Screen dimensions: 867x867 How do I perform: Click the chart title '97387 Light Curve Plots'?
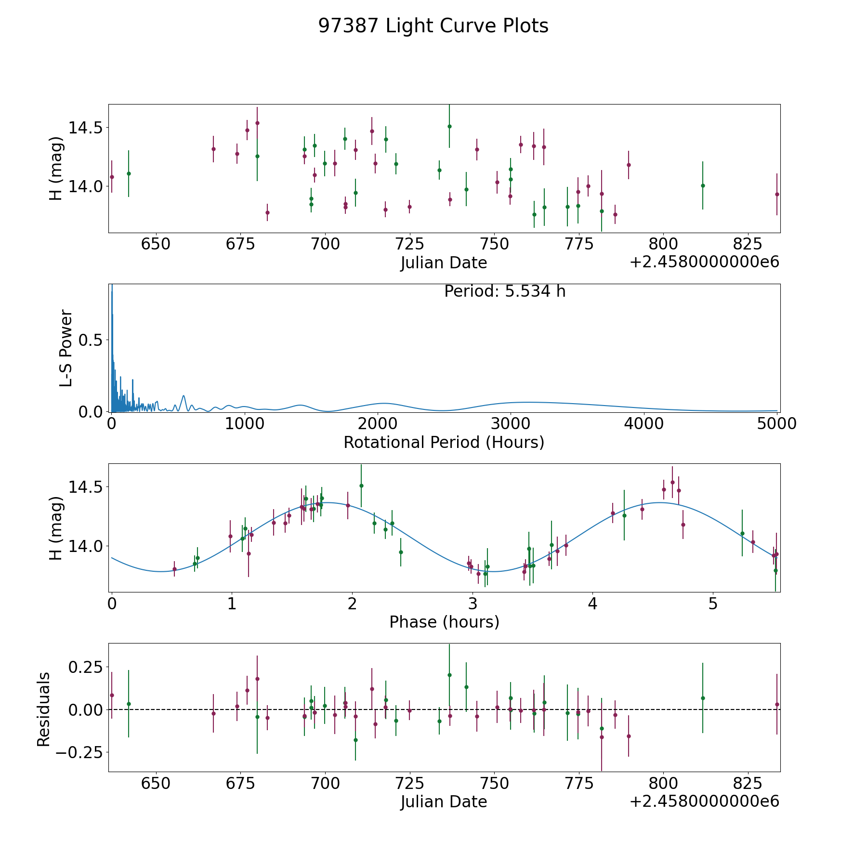point(433,26)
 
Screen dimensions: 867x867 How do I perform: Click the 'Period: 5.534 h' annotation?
point(504,291)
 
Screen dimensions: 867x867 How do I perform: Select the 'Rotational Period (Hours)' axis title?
point(444,442)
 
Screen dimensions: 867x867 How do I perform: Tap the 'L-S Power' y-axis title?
point(66,348)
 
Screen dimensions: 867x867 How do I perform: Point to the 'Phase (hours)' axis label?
point(444,622)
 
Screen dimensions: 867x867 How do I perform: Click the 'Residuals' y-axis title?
point(44,709)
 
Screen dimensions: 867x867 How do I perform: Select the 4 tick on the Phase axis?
point(592,604)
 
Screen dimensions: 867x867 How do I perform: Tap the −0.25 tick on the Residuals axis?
point(80,752)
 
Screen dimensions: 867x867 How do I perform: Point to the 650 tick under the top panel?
point(156,244)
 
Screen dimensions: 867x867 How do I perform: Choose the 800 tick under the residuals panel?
point(663,784)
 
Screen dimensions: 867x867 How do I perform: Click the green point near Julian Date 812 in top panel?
point(703,185)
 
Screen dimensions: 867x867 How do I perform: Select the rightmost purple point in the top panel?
point(777,194)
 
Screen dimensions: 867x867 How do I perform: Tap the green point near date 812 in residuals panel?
point(703,698)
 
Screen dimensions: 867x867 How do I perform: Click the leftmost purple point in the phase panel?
point(174,569)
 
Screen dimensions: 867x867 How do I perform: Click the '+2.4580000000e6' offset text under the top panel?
point(704,262)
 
